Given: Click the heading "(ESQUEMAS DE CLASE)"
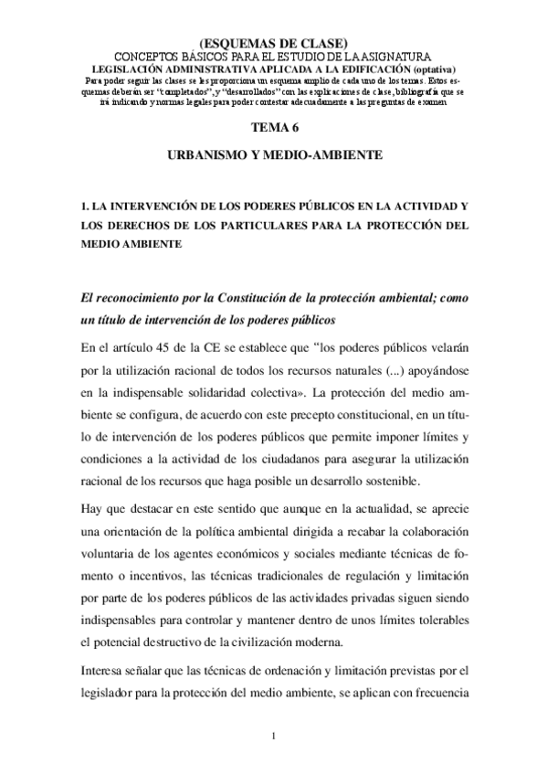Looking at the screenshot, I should [273, 43].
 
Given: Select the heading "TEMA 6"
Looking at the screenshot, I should [273, 132].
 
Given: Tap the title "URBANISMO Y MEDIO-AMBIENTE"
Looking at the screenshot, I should [273, 157].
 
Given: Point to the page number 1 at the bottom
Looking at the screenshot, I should [273, 736].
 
